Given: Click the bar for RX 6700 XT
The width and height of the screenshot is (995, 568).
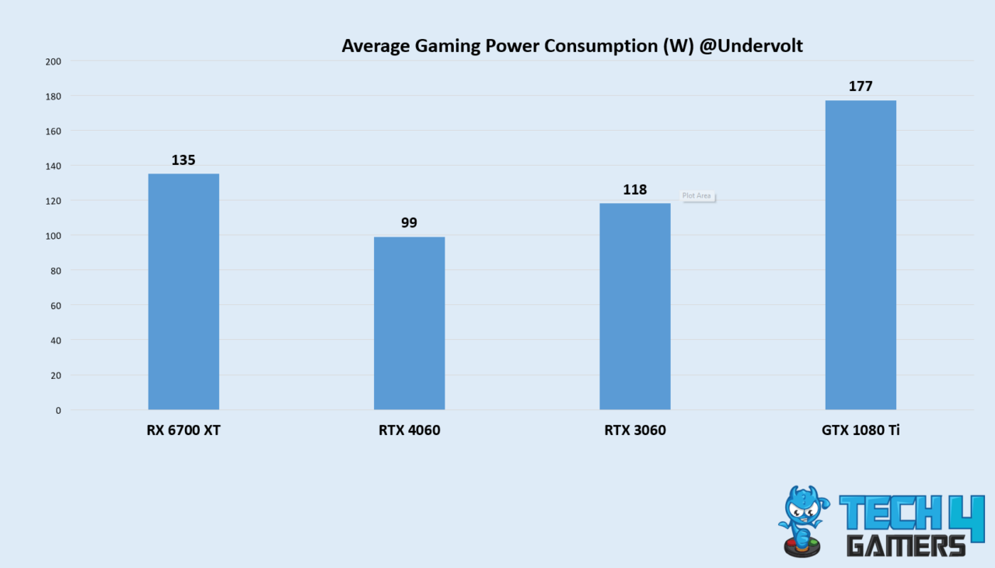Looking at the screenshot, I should point(183,292).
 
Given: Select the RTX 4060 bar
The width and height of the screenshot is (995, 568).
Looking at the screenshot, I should point(409,323).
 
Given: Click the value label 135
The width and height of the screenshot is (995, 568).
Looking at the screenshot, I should point(183,160).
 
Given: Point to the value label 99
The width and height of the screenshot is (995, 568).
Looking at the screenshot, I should point(409,223).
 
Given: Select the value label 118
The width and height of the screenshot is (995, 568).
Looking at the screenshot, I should point(634,190).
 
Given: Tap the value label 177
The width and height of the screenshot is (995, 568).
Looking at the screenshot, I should point(861,86).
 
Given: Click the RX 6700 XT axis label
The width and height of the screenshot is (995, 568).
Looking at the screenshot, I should point(183,430).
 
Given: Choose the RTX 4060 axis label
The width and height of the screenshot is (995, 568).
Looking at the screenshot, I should point(409,430).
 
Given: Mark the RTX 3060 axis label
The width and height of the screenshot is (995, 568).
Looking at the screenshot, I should point(634,430).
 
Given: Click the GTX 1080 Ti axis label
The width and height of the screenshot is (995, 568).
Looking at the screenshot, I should point(861,430).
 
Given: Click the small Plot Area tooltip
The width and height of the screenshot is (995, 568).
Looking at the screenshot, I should point(697,196).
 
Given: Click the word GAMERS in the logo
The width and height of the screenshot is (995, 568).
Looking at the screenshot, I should point(906,545).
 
